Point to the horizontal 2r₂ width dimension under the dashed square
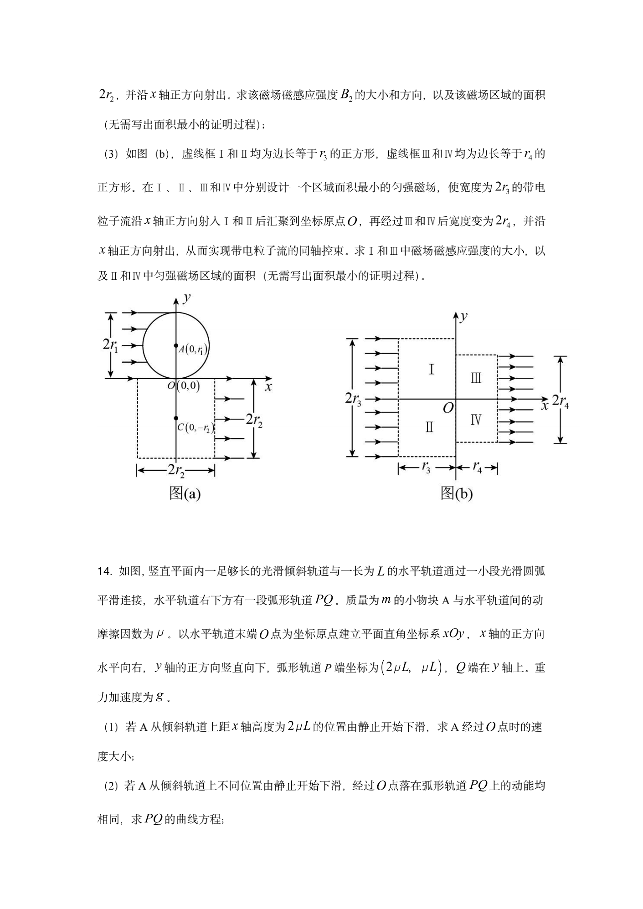(x=176, y=470)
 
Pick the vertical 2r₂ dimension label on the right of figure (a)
(x=254, y=419)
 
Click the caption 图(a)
(x=185, y=493)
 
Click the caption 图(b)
(x=456, y=493)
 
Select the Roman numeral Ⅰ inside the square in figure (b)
(x=431, y=369)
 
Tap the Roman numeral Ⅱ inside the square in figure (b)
(x=429, y=427)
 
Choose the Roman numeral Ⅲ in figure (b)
(x=476, y=378)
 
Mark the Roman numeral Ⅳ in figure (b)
(x=476, y=419)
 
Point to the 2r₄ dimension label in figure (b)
(x=561, y=401)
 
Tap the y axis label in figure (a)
(x=186, y=298)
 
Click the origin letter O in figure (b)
(x=448, y=408)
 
